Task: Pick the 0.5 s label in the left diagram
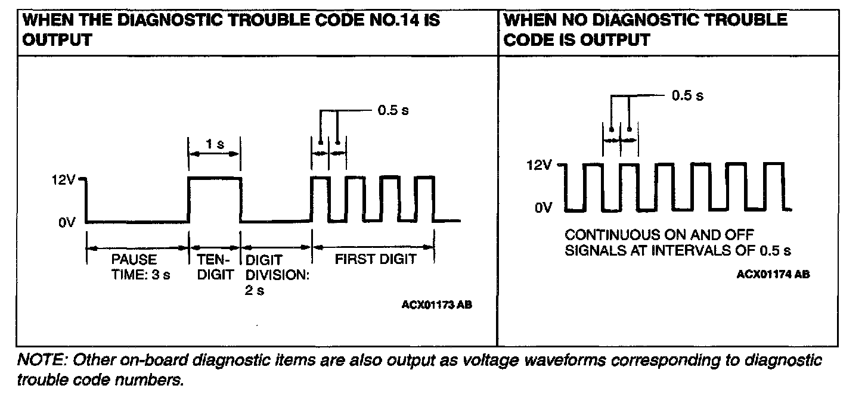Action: click(x=393, y=110)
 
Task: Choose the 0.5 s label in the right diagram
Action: click(x=687, y=95)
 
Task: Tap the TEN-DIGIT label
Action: click(x=214, y=267)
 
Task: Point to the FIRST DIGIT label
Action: click(x=376, y=259)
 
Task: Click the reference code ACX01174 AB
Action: click(x=773, y=274)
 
